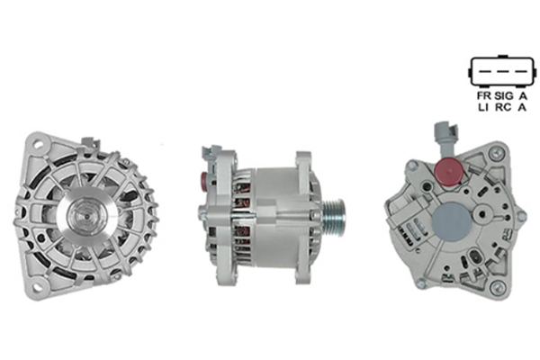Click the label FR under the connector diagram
(x=483, y=95)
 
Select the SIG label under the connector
(x=504, y=95)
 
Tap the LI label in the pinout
(x=483, y=107)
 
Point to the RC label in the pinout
(x=503, y=107)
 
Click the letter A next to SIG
(x=523, y=95)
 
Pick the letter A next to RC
(x=522, y=107)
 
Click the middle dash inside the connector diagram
(x=503, y=72)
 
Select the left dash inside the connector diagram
(x=485, y=72)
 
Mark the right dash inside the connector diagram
(x=521, y=72)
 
